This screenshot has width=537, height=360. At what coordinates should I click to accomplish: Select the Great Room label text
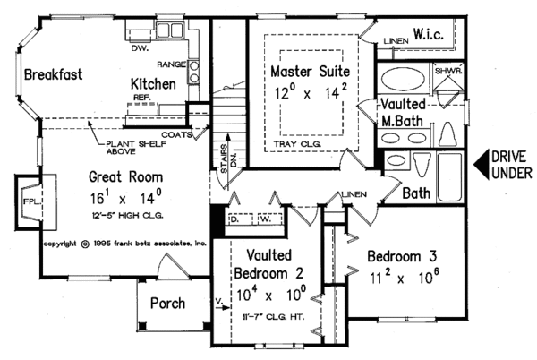(x=124, y=176)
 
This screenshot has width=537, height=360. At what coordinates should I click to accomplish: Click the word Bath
(x=416, y=192)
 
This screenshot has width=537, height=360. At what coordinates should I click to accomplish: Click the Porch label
(x=168, y=303)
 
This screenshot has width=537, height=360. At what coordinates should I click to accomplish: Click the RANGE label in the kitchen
(x=171, y=65)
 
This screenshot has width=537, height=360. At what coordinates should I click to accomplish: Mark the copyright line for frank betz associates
(x=125, y=243)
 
